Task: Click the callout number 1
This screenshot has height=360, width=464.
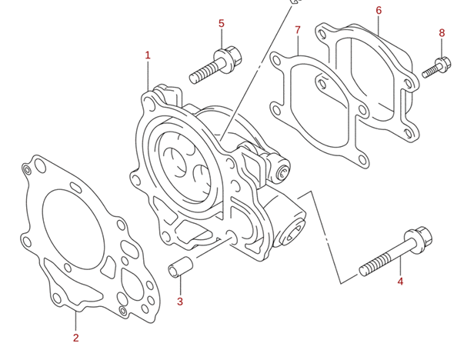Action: coord(148,55)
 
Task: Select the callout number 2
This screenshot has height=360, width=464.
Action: coord(75,338)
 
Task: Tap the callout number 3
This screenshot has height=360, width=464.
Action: coord(180,302)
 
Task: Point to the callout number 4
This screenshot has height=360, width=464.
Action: coord(400,282)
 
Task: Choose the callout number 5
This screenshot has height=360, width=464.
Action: coord(222,23)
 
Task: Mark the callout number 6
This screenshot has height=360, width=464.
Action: coord(379,10)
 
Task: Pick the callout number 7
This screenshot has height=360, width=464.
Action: coord(298,30)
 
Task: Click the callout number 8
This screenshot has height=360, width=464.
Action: coord(442,33)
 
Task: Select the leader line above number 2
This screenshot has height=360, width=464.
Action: coord(75,322)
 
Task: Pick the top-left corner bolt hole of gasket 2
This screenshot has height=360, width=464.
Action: coord(28,168)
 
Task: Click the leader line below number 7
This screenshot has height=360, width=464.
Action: coord(298,45)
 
